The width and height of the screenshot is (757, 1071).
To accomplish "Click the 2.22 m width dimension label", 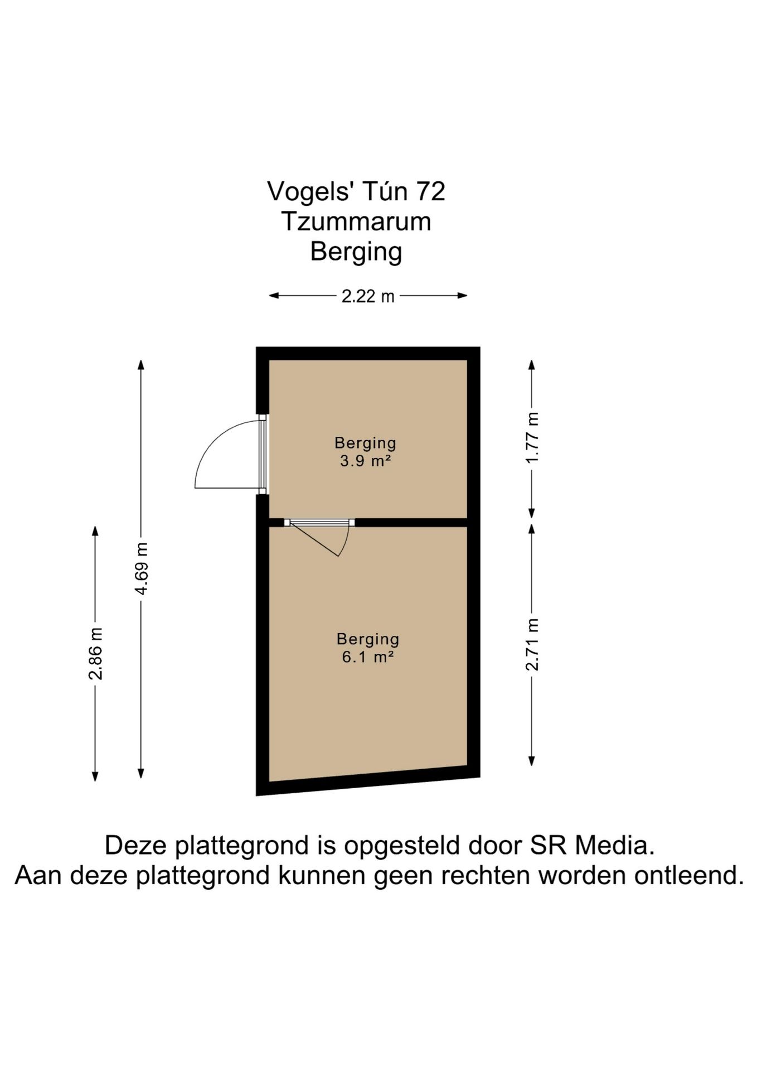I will (x=368, y=296).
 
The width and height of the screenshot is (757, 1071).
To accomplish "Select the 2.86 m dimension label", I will (x=96, y=653).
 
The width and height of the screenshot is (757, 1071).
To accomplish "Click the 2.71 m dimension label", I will (x=532, y=644).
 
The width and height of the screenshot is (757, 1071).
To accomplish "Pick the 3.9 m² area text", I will (x=365, y=461).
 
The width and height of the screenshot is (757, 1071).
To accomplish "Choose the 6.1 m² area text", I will (x=368, y=657).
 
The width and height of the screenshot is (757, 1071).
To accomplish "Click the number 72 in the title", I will (x=430, y=191).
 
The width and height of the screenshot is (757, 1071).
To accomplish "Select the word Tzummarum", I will (x=356, y=221).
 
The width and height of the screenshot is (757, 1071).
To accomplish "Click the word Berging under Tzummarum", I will (x=356, y=252).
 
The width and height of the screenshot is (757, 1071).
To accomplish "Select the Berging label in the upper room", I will (x=365, y=443).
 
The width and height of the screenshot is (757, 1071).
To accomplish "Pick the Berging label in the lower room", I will (x=368, y=639).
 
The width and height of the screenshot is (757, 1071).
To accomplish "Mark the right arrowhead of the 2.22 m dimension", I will (x=463, y=296).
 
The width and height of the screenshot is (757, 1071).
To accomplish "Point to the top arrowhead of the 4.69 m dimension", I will (x=141, y=365).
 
